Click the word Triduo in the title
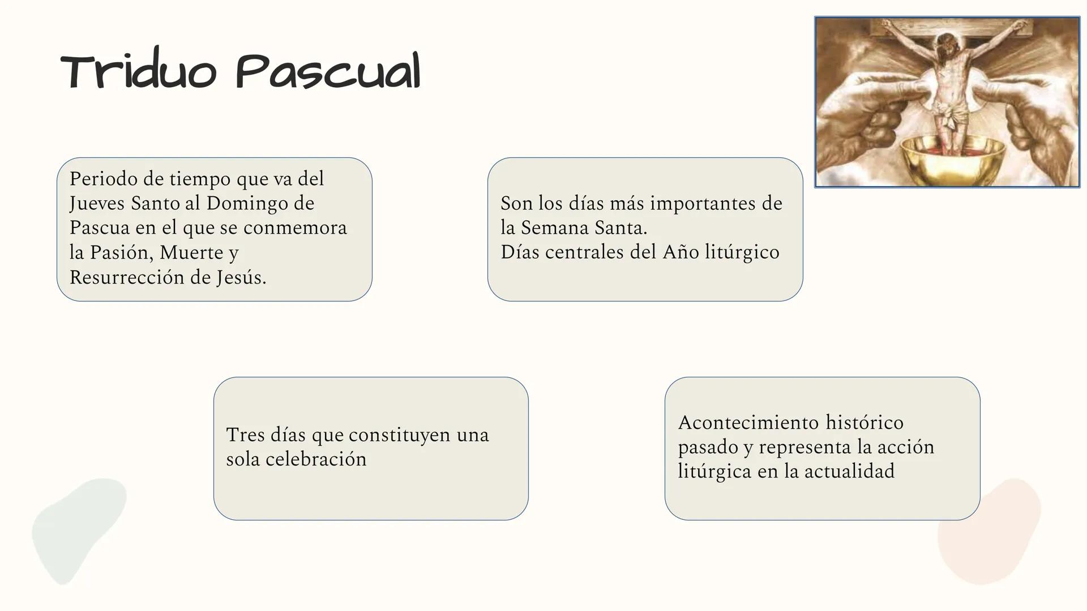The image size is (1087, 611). (x=138, y=72)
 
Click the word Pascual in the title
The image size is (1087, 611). (x=328, y=72)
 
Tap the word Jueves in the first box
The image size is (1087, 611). (x=97, y=203)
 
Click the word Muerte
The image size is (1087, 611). (x=191, y=252)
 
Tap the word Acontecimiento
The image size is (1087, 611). (x=748, y=422)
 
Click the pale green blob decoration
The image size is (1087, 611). (x=76, y=526)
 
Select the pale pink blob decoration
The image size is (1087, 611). (x=988, y=532)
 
